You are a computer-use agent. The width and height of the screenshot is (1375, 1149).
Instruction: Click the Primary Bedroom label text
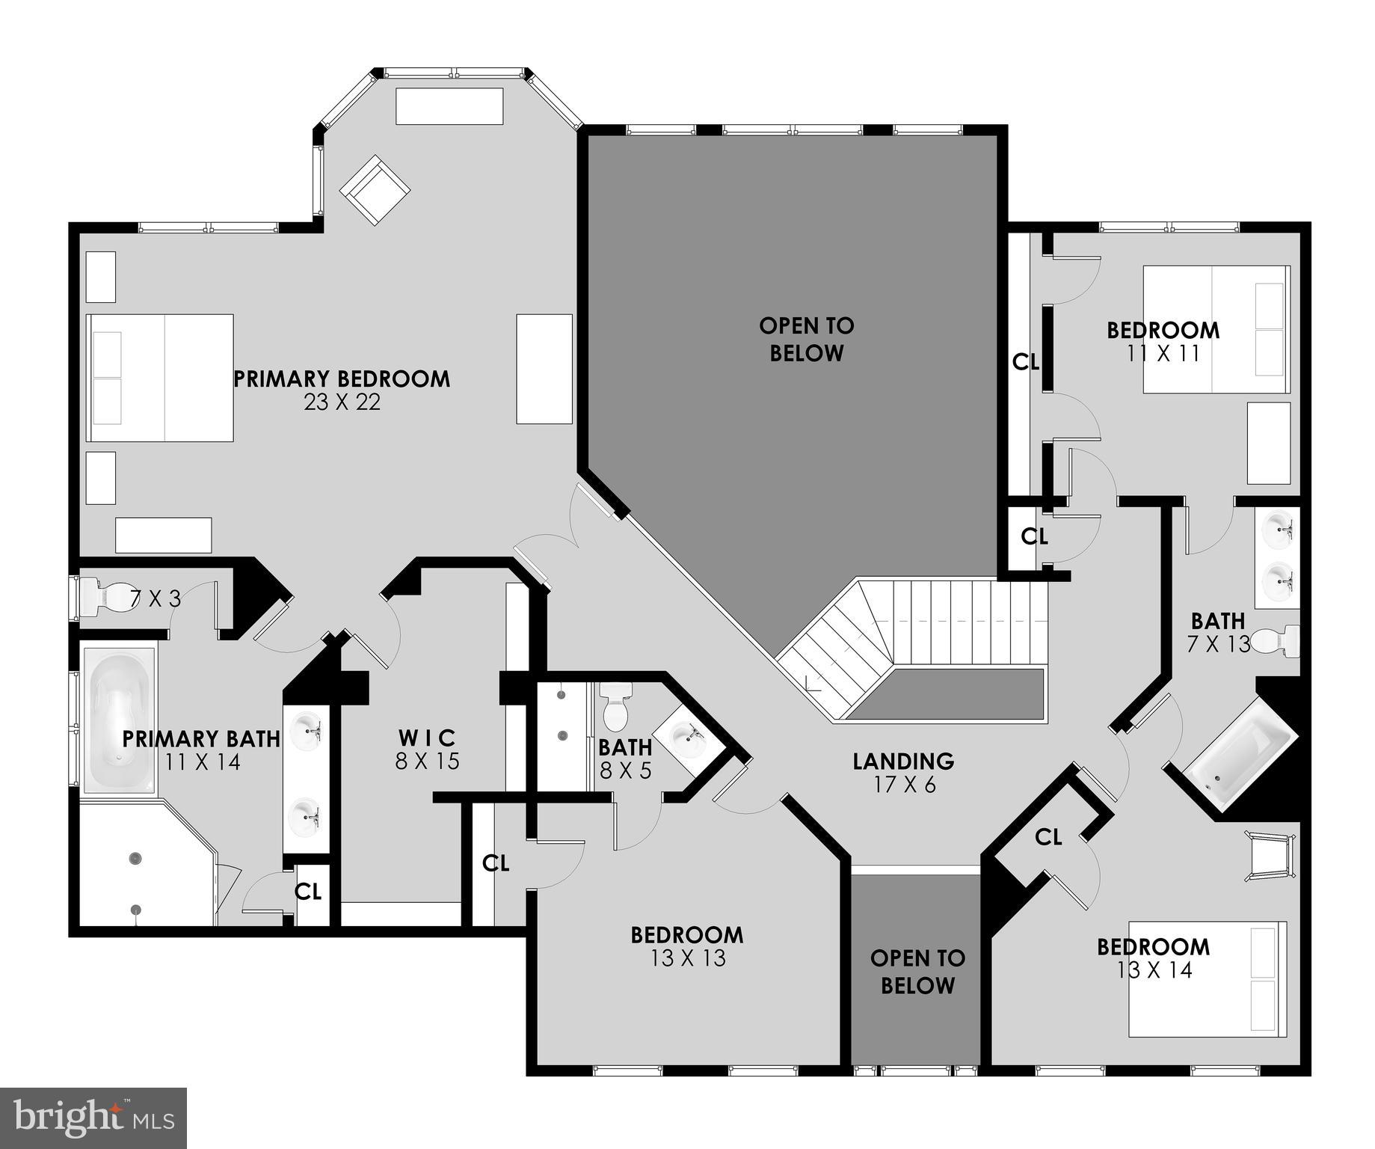tap(342, 379)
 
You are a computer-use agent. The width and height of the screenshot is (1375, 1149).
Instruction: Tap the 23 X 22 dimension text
tap(342, 402)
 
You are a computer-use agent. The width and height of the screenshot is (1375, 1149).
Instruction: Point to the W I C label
tap(427, 738)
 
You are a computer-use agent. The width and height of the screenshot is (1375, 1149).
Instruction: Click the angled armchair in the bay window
tap(375, 190)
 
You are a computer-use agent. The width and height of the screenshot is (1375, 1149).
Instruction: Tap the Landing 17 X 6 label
tap(903, 773)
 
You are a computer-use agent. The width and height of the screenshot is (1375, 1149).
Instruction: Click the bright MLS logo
tap(93, 1118)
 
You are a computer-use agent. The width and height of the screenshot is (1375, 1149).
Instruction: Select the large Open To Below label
tap(806, 339)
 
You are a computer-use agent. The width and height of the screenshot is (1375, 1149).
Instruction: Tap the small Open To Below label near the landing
tap(917, 971)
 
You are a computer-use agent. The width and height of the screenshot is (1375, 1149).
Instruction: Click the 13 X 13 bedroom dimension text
tap(688, 958)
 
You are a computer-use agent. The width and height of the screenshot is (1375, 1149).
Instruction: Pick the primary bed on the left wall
tap(160, 378)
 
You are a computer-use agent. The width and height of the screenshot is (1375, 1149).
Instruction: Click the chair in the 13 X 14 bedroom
tap(1270, 855)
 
